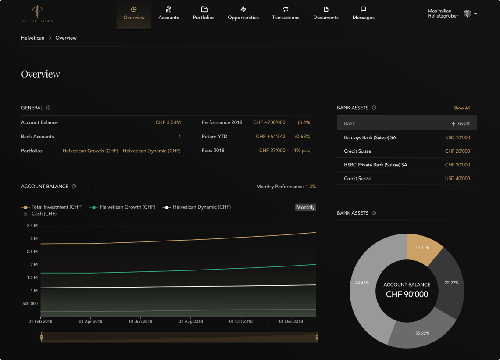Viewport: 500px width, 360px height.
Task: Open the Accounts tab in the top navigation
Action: [168, 13]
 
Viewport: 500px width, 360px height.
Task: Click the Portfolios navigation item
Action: [204, 13]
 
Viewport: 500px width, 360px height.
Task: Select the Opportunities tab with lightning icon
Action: [243, 13]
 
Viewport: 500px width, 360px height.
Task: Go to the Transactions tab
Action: [286, 13]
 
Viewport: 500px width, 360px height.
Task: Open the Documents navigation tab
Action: [326, 13]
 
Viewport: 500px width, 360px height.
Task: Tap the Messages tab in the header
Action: [363, 13]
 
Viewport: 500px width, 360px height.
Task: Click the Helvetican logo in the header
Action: [37, 14]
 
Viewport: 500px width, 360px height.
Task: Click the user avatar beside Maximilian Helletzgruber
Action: [468, 14]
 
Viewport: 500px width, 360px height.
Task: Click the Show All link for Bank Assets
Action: [461, 108]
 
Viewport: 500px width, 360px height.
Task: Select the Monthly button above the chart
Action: [305, 207]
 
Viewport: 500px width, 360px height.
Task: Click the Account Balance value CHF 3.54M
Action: [168, 122]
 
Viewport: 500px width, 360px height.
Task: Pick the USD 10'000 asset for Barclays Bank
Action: [457, 137]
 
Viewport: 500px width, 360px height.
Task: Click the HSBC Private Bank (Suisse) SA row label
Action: [375, 165]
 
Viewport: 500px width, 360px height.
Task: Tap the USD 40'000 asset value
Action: [457, 178]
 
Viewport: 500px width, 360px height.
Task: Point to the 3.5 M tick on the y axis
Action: [32, 226]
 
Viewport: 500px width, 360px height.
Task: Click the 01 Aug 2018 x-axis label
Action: [191, 321]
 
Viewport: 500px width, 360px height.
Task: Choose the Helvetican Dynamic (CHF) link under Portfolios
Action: [151, 151]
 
